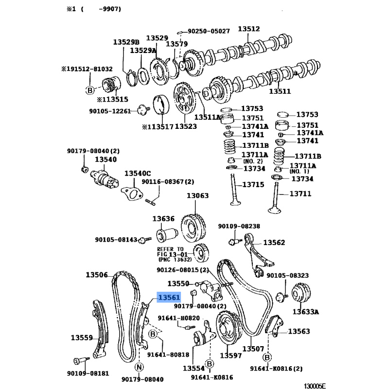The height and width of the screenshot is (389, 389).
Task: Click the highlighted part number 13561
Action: tap(169, 297)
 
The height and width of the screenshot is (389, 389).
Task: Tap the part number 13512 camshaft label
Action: tap(249, 29)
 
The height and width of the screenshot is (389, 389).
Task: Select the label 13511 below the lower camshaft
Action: tap(280, 91)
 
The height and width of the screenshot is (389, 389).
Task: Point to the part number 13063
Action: tap(198, 195)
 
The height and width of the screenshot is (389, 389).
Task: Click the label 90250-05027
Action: tap(209, 31)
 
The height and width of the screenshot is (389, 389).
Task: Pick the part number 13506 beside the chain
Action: tap(97, 275)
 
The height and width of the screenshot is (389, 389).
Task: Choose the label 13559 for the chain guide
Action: tap(82, 337)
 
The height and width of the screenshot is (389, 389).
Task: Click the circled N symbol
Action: tap(139, 367)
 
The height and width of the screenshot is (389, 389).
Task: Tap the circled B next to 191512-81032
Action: tap(90, 90)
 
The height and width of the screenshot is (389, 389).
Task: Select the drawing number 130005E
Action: tap(315, 386)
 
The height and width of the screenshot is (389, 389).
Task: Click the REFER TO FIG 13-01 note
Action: tap(175, 254)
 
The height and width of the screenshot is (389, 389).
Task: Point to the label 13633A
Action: tap(306, 312)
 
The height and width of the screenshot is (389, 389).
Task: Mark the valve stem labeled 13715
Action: tap(234, 190)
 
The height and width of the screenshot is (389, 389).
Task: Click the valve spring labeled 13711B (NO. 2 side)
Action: tap(230, 147)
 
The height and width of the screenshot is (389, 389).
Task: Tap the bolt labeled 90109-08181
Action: tap(81, 360)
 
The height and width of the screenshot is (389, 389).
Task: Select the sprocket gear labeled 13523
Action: tap(184, 98)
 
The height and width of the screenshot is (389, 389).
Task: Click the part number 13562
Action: tap(274, 242)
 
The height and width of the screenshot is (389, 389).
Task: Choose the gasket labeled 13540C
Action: tap(132, 194)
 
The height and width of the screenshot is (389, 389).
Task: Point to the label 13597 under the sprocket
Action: tap(230, 355)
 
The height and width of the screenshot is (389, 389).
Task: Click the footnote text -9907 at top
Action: tap(110, 9)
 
